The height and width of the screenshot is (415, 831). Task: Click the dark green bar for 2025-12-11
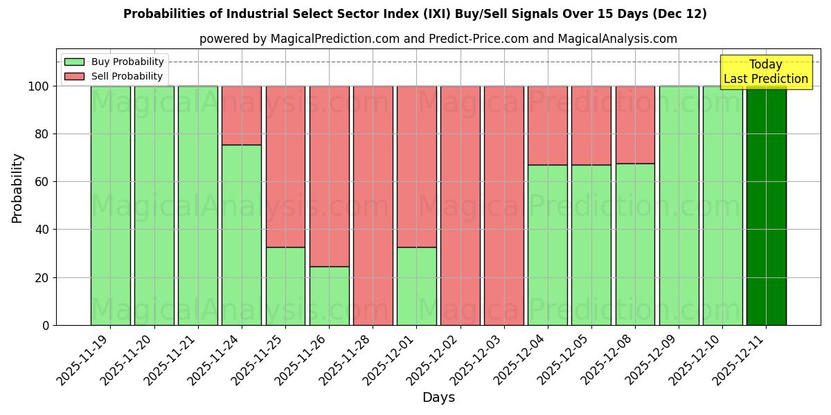point(766,205)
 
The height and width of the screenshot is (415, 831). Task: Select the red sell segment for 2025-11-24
point(242,116)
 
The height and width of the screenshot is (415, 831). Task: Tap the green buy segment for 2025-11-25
point(285,286)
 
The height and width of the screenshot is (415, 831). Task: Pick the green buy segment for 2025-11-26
point(329,295)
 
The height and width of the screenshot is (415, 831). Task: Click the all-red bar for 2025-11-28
point(373,205)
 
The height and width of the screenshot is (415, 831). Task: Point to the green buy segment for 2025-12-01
point(416,286)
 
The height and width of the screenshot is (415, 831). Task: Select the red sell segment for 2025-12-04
point(547,125)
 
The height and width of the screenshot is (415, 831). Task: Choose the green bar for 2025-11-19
point(110,205)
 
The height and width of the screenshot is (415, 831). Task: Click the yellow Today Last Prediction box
point(766,72)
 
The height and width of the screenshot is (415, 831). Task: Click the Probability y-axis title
point(17,188)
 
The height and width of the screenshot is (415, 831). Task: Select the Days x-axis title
point(438,398)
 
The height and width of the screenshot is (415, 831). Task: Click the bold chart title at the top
point(415,14)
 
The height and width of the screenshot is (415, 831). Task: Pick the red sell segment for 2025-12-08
point(635,124)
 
